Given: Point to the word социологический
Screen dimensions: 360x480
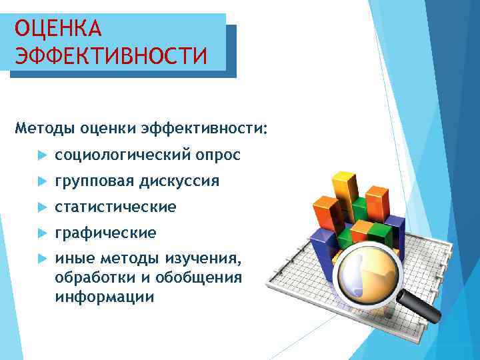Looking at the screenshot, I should (x=124, y=155).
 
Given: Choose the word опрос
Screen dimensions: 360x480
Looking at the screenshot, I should (x=219, y=155).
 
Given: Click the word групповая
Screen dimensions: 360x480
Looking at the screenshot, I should (x=94, y=181).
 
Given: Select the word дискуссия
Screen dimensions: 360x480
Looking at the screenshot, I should (x=179, y=181).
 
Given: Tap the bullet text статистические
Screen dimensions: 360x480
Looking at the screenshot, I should (x=115, y=207).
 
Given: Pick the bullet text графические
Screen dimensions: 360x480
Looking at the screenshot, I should (x=105, y=233).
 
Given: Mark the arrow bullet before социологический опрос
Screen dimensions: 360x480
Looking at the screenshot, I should (x=41, y=155).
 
